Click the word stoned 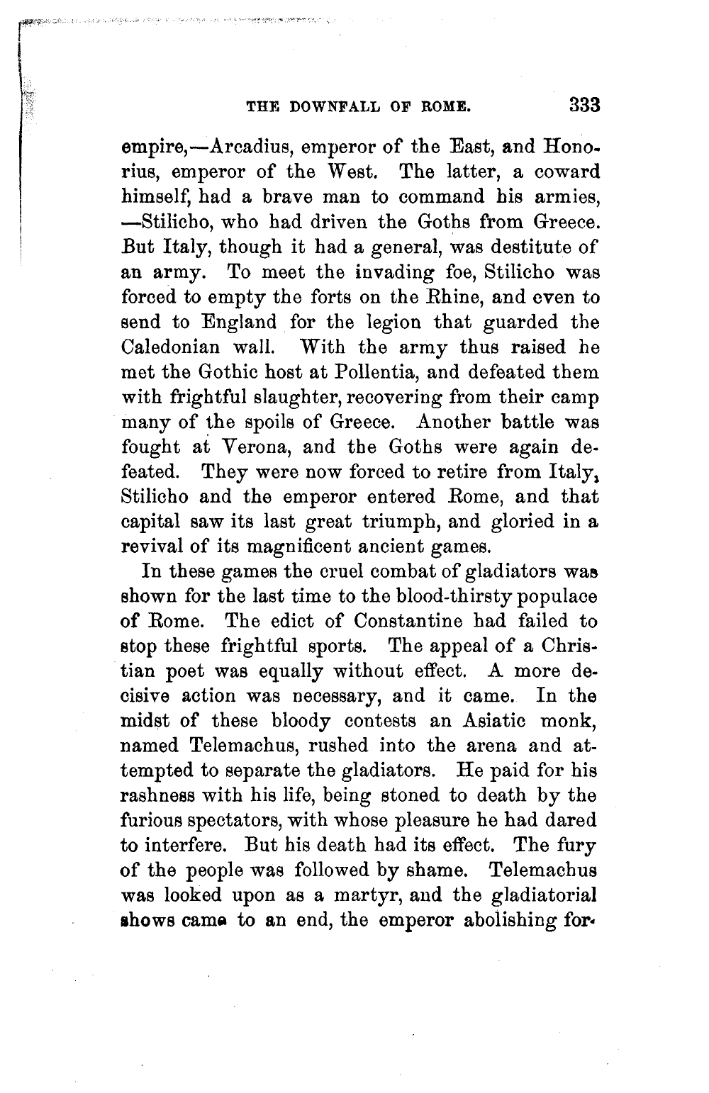(x=418, y=795)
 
